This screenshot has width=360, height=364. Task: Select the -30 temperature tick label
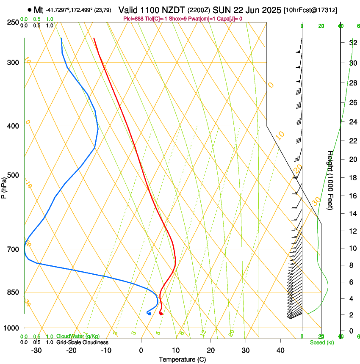(36, 350)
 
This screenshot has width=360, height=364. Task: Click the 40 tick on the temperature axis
(280, 350)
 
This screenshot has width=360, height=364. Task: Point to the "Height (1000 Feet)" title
(330, 180)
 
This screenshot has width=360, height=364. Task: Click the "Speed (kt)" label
(321, 342)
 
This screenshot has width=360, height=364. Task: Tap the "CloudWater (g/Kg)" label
(78, 336)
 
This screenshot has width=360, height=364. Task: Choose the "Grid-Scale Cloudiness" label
(82, 342)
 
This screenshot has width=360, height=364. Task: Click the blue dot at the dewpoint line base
(150, 314)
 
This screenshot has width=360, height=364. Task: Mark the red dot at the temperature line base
(161, 314)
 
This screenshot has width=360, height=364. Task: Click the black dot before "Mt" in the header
(29, 10)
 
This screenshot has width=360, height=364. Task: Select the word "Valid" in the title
(128, 10)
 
